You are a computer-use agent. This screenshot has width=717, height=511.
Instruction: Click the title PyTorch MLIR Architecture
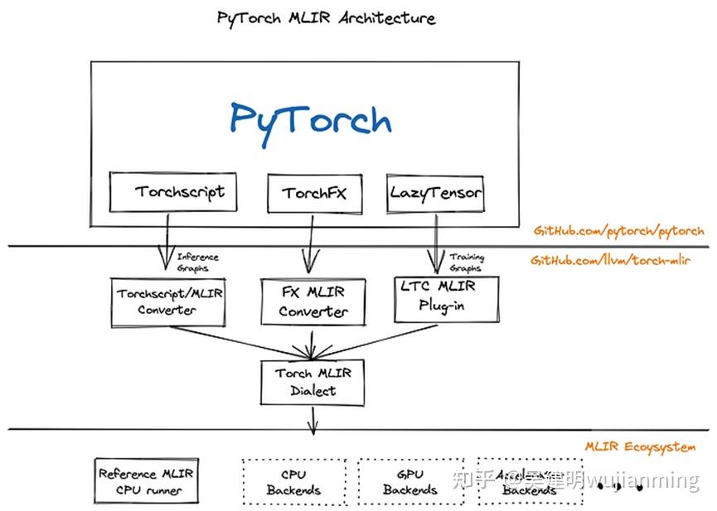click(x=326, y=17)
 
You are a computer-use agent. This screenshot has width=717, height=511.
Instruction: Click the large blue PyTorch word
click(x=310, y=118)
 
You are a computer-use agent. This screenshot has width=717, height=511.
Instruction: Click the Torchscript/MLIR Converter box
click(x=168, y=301)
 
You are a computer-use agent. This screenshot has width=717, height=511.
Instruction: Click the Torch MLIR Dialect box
click(x=313, y=382)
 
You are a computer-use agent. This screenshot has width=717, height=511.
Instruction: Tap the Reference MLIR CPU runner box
click(x=146, y=482)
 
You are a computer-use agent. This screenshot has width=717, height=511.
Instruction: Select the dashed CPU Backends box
click(x=293, y=482)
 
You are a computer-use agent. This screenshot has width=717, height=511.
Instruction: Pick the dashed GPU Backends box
click(x=409, y=482)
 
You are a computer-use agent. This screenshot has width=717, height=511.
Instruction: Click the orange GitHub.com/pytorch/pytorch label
click(x=618, y=231)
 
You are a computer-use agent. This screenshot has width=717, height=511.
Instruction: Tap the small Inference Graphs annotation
click(x=197, y=263)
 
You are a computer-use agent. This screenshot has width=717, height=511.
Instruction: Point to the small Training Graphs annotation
click(x=466, y=263)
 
